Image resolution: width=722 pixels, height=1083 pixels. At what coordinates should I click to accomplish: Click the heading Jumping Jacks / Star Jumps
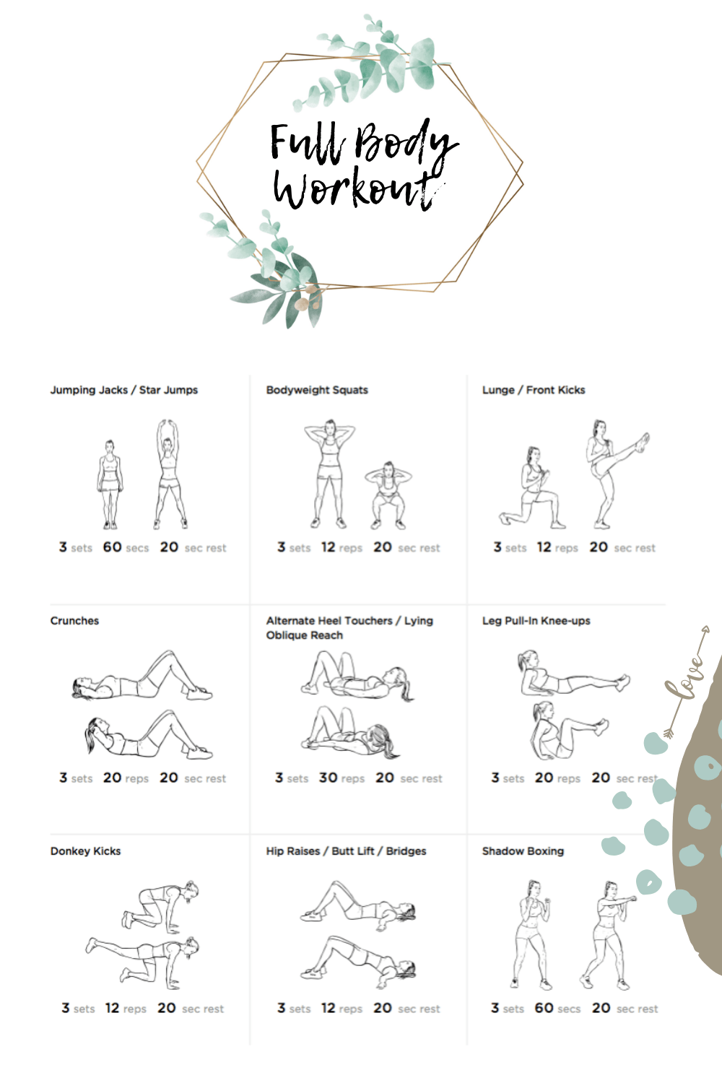tap(123, 390)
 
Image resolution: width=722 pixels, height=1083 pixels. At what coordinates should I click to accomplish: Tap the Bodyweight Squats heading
tap(317, 390)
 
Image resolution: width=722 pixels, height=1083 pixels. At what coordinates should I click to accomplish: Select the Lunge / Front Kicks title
tap(534, 390)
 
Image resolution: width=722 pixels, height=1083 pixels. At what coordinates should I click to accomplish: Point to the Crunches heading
tap(74, 621)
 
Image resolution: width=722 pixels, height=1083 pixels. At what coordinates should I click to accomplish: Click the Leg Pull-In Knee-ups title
tap(536, 621)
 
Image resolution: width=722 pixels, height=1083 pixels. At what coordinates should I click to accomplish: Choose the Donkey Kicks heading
tap(86, 851)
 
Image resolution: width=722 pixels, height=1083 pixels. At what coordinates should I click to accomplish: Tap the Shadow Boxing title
tap(523, 851)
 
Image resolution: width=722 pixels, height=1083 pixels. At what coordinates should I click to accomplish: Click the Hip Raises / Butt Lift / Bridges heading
tap(346, 851)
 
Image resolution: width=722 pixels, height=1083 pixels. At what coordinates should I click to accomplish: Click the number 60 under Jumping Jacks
tap(112, 547)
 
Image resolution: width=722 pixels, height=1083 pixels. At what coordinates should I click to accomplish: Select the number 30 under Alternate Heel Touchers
tap(328, 778)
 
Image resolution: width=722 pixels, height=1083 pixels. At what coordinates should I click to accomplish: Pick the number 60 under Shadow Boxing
tap(544, 1008)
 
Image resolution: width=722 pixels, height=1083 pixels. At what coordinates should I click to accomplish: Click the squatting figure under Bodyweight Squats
tap(388, 495)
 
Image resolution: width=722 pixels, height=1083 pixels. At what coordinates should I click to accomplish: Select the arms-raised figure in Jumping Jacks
tap(170, 474)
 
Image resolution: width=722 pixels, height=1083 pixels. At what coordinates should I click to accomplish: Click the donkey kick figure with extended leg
tap(143, 962)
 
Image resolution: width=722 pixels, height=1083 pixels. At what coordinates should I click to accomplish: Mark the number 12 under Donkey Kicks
tap(112, 1008)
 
